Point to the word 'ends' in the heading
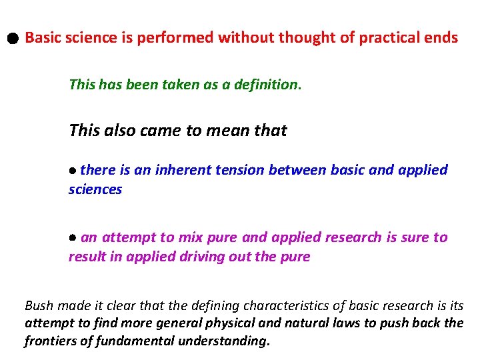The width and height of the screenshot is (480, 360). click(x=442, y=38)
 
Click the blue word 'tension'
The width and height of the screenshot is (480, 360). click(x=241, y=170)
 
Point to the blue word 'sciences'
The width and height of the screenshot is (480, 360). click(x=95, y=189)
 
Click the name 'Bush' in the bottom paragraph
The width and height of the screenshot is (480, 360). click(x=39, y=306)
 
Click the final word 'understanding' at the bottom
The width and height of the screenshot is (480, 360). click(x=225, y=341)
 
